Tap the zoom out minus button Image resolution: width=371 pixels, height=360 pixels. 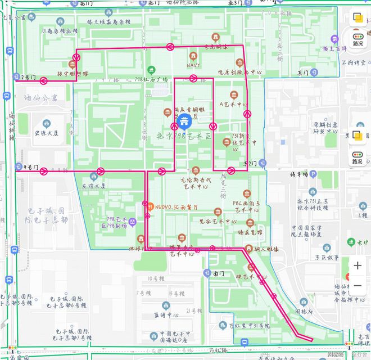(358, 285)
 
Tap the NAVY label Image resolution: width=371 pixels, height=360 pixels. (193, 65)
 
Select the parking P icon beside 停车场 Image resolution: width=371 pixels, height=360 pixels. (312, 174)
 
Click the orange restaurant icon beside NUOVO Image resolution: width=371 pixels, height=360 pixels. (150, 206)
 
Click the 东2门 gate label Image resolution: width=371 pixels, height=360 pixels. (250, 163)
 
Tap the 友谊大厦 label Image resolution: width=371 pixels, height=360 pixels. (93, 185)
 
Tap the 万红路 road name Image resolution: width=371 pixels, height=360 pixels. (219, 350)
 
